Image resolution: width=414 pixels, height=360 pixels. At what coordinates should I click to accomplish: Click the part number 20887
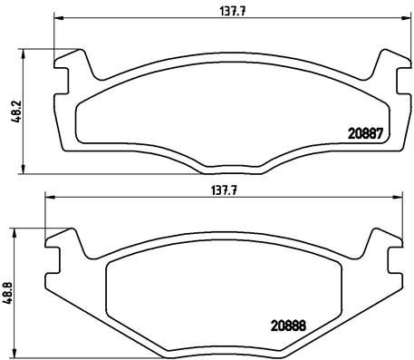coord(365,133)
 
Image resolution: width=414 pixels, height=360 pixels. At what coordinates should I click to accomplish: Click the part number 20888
coord(288,326)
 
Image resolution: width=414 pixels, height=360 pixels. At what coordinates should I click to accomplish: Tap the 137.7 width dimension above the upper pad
coord(232,11)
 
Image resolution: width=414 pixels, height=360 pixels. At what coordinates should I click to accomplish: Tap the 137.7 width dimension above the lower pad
coord(223,190)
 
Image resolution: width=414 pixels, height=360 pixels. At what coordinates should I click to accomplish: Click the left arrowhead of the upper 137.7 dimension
coord(58,18)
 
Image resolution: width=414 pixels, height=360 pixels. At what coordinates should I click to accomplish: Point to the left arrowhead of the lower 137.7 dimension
coord(49,198)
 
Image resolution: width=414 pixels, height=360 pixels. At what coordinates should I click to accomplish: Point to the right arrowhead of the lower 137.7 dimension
coord(398,198)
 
